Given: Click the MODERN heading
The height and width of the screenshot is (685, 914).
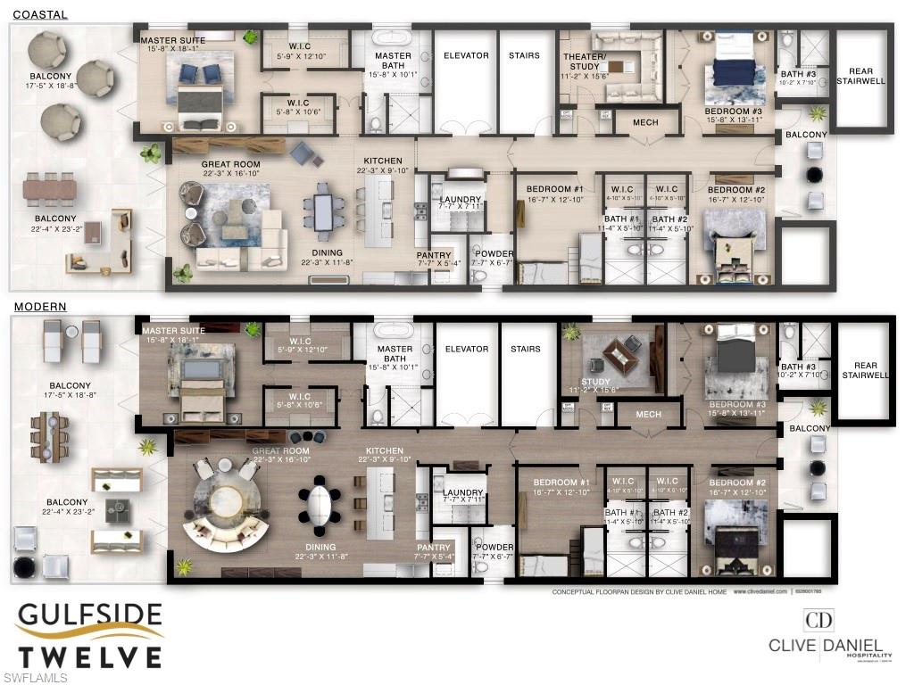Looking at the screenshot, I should pos(39,307).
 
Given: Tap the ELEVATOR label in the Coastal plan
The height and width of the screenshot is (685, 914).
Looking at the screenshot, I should pos(466,55).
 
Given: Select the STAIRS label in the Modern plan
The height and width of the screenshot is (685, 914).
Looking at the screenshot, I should pos(526,349).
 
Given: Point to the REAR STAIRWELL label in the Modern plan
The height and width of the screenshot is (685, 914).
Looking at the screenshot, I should pos(866,370).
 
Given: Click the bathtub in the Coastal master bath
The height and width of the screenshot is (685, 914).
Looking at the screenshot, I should pos(393,39).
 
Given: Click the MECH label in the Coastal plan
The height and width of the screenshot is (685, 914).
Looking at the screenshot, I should pos(645,122).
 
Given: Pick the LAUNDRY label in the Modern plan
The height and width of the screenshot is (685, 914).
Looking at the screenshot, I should pos(462,492).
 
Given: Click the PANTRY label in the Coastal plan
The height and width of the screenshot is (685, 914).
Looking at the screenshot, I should pos(434,255).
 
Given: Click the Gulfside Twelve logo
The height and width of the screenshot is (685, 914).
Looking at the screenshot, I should pos(90,635).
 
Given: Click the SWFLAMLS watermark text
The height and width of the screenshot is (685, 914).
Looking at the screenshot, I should pos(35,678).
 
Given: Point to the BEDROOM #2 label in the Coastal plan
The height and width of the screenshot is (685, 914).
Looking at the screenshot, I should pos(736,190).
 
